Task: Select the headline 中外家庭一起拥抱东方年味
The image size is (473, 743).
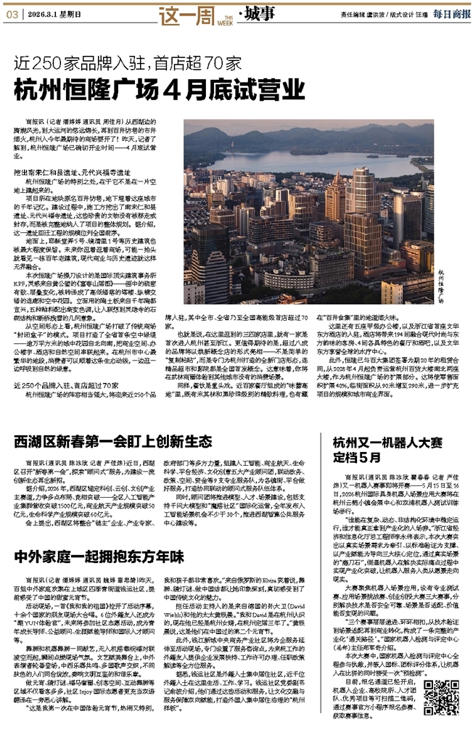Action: tap(103, 557)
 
